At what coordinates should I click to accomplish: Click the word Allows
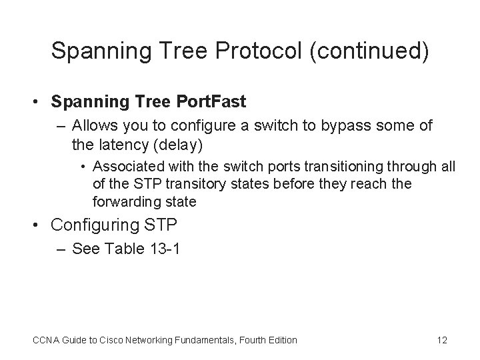pos(91,125)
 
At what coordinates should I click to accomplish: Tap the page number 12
pos(441,340)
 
